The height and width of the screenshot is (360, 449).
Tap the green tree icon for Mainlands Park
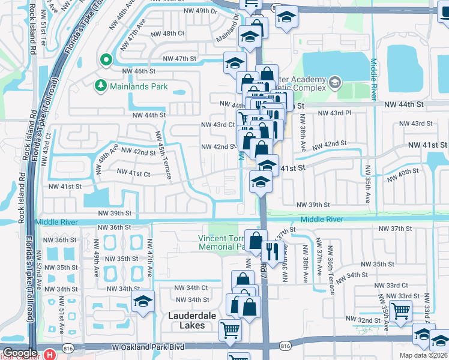pyautogui.click(x=100, y=86)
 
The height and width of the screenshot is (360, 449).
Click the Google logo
pyautogui.click(x=20, y=353)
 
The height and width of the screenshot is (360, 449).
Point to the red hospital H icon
pyautogui.click(x=50, y=355)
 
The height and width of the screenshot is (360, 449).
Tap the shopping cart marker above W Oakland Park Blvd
pyautogui.click(x=230, y=329)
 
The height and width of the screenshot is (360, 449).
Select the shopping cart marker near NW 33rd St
pyautogui.click(x=400, y=311)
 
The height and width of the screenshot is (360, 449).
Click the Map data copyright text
pyautogui.click(x=423, y=355)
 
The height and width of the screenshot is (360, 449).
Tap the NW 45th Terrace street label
pyautogui.click(x=164, y=155)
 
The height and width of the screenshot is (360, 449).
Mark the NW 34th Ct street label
pyautogui.click(x=191, y=287)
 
